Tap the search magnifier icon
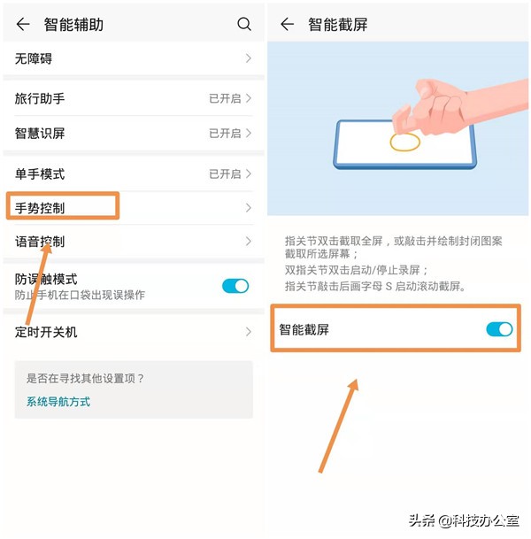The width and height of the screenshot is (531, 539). [244, 25]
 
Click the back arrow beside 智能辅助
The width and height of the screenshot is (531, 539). [23, 25]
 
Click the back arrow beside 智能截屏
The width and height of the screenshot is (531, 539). [287, 25]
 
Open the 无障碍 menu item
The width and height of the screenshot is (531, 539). [35, 58]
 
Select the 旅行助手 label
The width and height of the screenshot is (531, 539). [40, 98]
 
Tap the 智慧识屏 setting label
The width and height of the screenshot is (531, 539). [40, 134]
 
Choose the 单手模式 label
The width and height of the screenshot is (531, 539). [40, 174]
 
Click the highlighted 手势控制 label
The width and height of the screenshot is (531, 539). [40, 209]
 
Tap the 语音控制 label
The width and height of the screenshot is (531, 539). [40, 242]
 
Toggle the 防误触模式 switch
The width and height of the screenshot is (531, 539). [235, 285]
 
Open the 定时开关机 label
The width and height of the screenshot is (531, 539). [46, 332]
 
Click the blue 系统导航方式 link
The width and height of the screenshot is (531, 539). [58, 402]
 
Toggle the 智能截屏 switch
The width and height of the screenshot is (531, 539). [499, 329]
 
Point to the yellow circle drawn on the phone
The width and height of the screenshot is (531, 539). [405, 142]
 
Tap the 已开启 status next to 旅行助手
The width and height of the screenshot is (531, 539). [225, 98]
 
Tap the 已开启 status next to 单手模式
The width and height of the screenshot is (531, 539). [225, 174]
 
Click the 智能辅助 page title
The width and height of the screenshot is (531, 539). [73, 25]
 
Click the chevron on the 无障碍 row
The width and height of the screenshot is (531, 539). [249, 58]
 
